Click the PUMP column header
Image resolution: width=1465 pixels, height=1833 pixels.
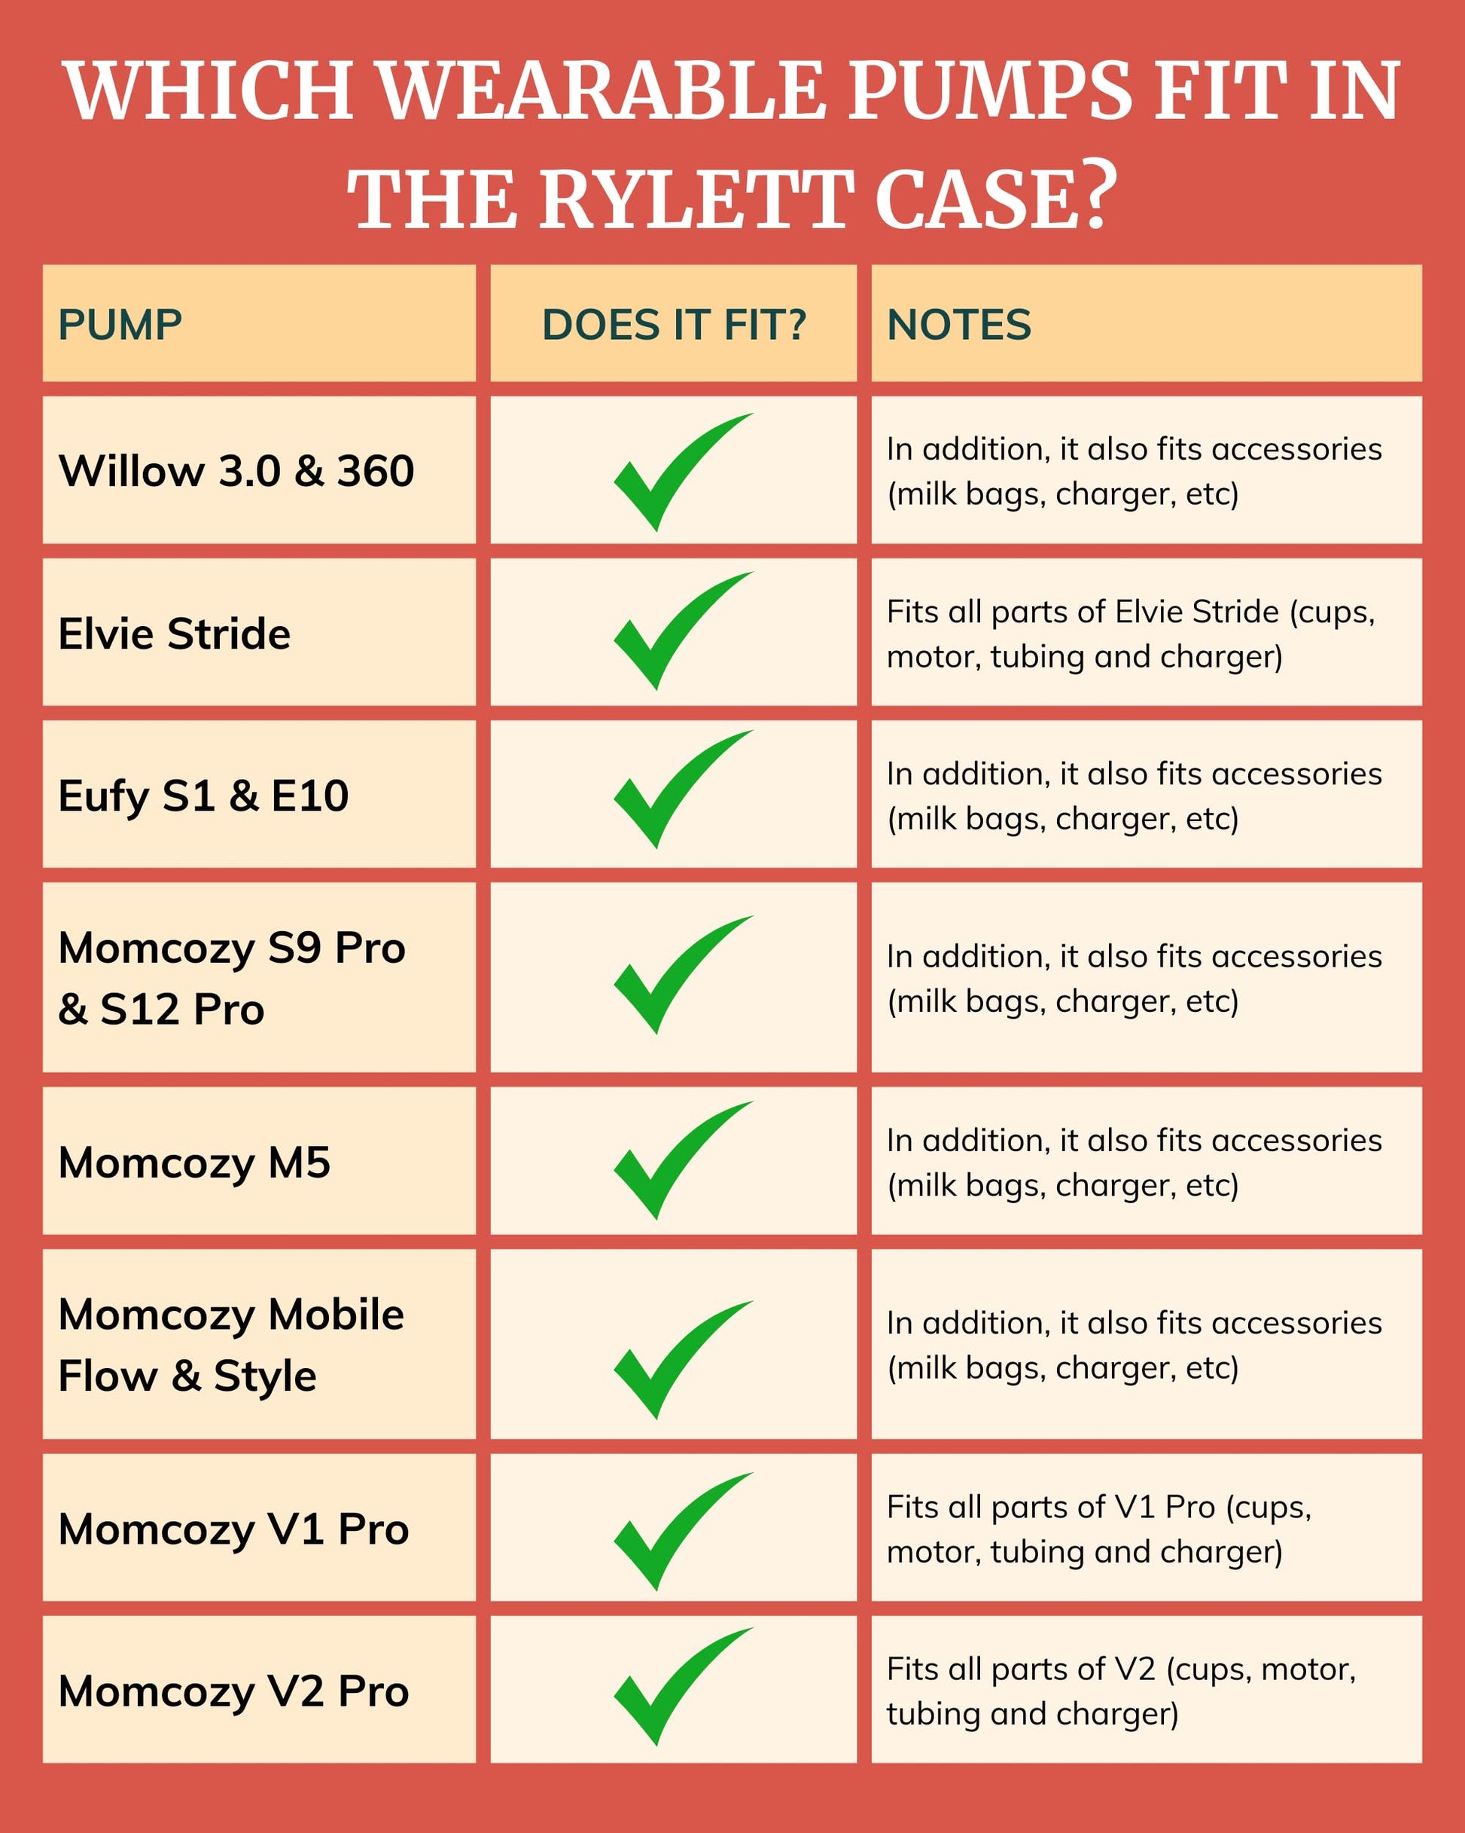coord(120,325)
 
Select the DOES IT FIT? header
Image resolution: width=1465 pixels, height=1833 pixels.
coord(674,325)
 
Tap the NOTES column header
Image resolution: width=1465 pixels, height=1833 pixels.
coord(958,325)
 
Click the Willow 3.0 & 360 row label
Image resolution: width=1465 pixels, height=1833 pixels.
coord(236,471)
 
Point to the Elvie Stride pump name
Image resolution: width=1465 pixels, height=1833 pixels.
coord(174,634)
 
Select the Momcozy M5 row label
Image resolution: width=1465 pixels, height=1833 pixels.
coord(193,1163)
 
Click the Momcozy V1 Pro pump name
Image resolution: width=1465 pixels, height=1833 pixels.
coord(233,1529)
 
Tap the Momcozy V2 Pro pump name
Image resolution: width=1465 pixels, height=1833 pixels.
coord(233,1691)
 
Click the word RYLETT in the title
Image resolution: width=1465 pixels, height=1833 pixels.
coord(694,199)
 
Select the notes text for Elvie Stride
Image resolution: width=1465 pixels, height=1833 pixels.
coord(1130,634)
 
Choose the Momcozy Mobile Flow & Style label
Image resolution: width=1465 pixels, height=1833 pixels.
coord(231,1346)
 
